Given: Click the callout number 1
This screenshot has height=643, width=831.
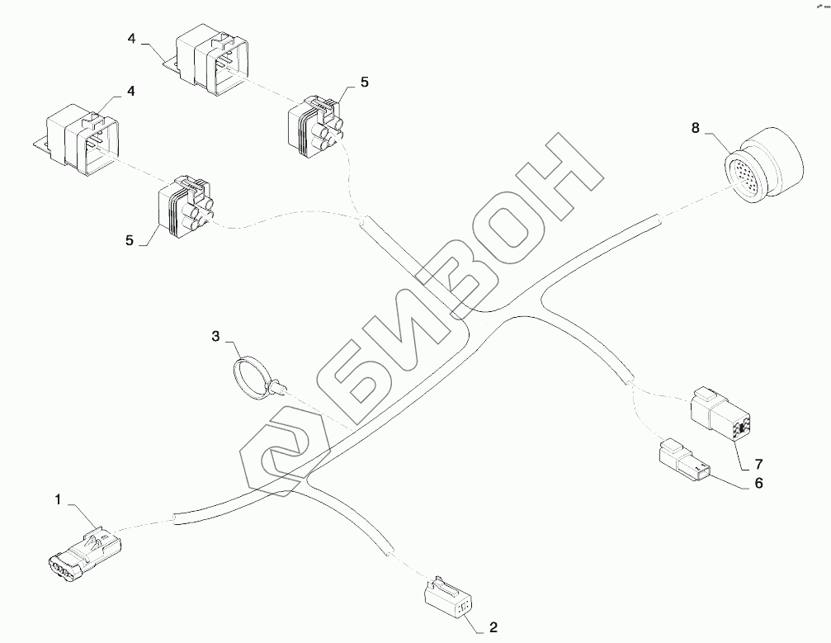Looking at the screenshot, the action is coord(58,499).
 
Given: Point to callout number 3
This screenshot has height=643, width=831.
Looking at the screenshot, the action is coord(215,336).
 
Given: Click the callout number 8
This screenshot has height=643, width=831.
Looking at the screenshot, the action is coord(695,128).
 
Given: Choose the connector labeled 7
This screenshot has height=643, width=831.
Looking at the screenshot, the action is coord(720,411).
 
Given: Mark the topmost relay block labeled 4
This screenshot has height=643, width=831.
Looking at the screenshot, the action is coord(213,62).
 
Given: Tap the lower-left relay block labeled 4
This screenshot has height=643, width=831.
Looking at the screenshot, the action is coord(81,141).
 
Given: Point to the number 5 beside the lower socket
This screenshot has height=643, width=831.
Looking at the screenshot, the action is coord(130,240).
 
